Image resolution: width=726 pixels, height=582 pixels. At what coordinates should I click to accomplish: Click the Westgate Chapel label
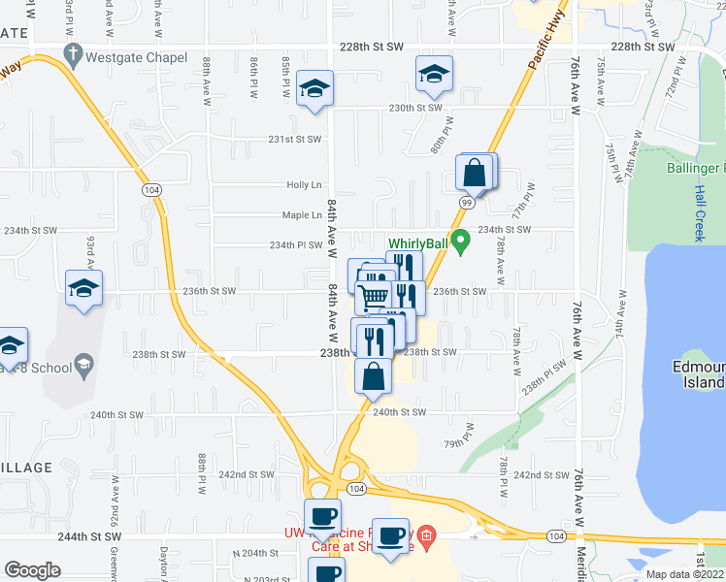[136, 57]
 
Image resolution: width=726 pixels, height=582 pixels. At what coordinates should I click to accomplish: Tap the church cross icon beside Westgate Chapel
[73, 57]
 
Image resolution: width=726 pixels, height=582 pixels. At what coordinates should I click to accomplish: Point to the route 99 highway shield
[467, 202]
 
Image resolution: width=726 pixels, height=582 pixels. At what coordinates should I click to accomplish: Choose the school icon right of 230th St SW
[434, 73]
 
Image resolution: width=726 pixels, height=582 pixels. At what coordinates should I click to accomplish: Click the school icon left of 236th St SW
[84, 288]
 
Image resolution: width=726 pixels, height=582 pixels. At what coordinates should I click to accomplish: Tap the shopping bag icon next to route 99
[474, 175]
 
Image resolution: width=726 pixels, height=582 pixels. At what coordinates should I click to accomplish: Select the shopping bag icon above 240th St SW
[373, 374]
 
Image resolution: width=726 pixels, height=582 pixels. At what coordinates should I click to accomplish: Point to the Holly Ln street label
[304, 184]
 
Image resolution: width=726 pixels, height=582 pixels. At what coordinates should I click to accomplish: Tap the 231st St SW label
[294, 140]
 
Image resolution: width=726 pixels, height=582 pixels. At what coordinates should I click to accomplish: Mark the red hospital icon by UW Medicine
[430, 533]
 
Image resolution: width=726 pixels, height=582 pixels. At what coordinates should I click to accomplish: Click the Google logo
[32, 570]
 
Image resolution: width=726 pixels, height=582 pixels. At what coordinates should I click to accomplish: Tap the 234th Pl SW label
[296, 245]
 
